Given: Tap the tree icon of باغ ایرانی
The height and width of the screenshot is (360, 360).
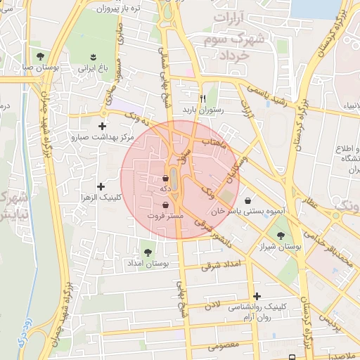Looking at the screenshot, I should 93,56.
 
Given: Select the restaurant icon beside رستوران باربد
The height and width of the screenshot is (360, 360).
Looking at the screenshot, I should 202,98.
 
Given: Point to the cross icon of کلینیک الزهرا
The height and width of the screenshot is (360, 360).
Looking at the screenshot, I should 101,186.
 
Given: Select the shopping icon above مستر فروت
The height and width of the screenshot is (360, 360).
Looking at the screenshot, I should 165,205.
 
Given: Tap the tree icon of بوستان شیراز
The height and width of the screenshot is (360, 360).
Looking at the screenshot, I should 281,236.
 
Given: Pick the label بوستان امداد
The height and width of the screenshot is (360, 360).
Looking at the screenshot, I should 148,263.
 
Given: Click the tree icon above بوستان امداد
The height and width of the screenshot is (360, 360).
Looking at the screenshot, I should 148,250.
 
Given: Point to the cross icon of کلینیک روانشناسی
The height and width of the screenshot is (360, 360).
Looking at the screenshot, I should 257,296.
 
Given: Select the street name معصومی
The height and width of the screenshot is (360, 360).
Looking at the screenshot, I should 225,346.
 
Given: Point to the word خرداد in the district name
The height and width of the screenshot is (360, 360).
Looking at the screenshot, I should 235,55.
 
